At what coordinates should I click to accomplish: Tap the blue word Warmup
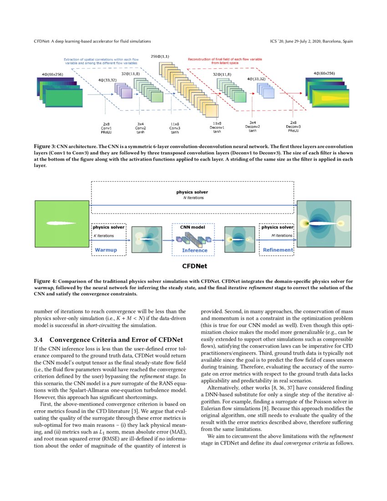(106, 250)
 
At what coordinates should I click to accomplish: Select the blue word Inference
(194, 250)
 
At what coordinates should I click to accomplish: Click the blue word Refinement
(278, 250)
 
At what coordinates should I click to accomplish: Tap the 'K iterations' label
(104, 235)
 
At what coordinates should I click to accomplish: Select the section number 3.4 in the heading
(39, 340)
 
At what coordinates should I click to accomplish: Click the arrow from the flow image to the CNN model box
(167, 239)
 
